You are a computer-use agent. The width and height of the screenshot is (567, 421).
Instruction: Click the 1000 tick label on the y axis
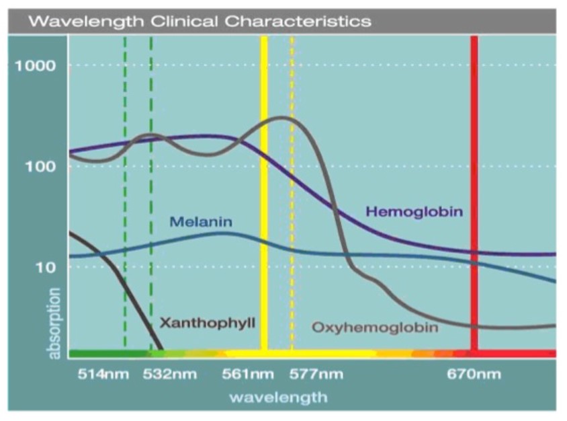pos(36,66)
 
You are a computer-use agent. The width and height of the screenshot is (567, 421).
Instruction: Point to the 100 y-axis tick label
pos(40,166)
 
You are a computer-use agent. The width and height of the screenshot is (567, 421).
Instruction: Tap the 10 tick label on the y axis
pos(44,267)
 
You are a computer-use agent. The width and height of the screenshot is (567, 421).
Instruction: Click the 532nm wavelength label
pos(170,374)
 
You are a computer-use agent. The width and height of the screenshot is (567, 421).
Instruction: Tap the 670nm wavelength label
pos(474,374)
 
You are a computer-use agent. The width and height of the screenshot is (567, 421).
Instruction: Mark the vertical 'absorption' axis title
pos(54,323)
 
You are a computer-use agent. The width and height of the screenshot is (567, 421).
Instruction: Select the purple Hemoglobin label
pos(415,212)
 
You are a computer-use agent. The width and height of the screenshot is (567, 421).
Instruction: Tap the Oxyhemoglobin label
pos(375,328)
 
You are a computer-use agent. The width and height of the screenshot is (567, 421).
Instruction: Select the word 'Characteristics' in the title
pos(298,21)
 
